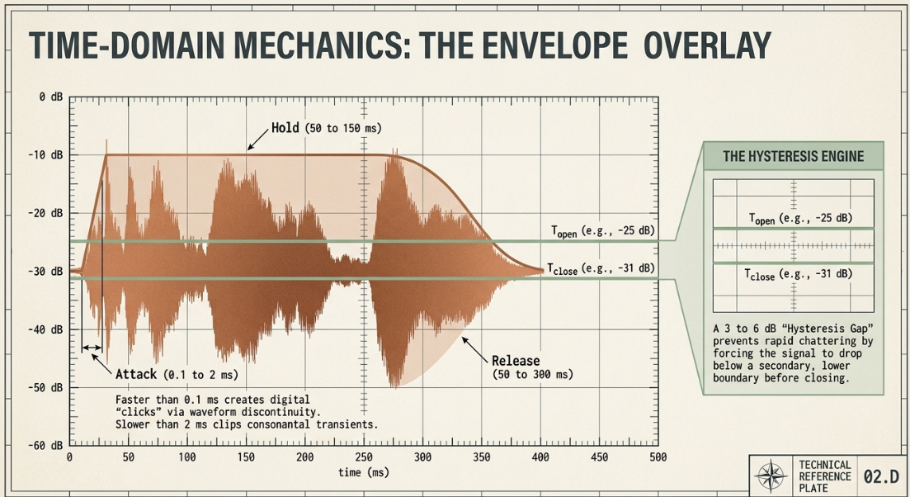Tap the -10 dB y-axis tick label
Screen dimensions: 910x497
point(46,155)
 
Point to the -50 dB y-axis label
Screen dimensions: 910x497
point(46,387)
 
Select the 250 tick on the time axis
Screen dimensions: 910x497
point(364,457)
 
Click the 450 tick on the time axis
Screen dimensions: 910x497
point(600,457)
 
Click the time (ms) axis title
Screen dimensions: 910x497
point(364,472)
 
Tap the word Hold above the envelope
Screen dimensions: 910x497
point(285,128)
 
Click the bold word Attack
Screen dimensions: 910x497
point(136,374)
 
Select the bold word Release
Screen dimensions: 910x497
point(516,361)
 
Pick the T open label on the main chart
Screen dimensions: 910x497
point(564,232)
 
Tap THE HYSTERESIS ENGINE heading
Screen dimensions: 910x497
point(794,156)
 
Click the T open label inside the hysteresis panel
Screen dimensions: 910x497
point(761,219)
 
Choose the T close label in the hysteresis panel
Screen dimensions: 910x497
point(760,275)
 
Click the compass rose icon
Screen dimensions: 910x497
point(771,476)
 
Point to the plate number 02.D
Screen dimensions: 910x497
point(881,476)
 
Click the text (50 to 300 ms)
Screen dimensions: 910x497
point(533,375)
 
